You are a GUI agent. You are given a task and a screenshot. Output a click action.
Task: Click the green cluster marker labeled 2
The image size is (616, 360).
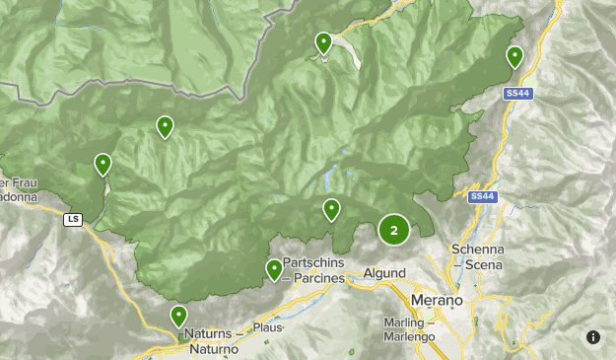(394, 231)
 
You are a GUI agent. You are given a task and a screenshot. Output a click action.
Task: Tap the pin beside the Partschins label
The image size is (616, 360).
(274, 269)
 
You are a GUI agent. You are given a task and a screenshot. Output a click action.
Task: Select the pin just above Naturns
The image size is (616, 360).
(178, 316)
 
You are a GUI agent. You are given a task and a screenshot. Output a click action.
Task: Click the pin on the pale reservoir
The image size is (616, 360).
(323, 42)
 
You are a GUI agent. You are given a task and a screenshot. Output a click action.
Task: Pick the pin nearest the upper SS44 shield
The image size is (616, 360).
(514, 56)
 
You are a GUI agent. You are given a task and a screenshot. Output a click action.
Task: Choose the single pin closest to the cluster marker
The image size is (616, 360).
(332, 208)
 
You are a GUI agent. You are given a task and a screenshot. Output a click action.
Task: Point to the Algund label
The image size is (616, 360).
(384, 273)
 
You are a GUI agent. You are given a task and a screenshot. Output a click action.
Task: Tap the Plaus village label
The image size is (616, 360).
(267, 327)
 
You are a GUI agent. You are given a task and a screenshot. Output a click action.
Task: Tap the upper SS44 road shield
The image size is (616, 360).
(517, 94)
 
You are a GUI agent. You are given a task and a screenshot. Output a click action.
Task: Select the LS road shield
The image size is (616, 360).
(73, 219)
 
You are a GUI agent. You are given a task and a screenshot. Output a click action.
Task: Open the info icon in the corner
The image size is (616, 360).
(593, 337)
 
